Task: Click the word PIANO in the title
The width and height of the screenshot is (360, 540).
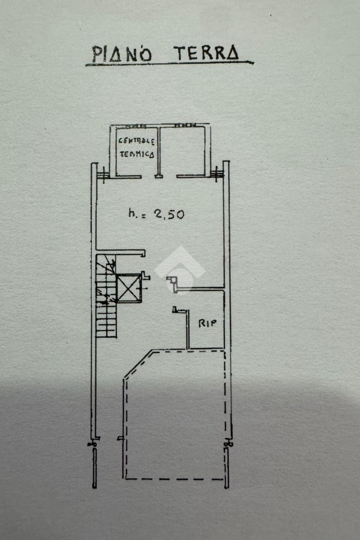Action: tap(122, 54)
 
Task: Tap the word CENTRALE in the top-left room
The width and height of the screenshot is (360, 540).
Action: tap(137, 141)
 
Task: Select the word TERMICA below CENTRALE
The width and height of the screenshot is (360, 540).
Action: tap(137, 155)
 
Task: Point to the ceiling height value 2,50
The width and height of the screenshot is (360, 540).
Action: tap(169, 214)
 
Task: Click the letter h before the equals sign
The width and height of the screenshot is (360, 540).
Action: tap(132, 213)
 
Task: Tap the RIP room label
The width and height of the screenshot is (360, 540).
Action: tap(208, 323)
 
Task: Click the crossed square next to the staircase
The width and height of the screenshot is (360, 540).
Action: tap(129, 288)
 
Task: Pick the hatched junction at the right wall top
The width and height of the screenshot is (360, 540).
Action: tap(217, 172)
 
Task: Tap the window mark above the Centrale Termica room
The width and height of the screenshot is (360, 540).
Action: tap(136, 127)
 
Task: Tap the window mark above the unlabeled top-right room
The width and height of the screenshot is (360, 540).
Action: tap(184, 126)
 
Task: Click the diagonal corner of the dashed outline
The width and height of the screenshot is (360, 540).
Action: tap(138, 364)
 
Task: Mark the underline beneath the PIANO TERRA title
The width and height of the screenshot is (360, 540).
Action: tap(169, 64)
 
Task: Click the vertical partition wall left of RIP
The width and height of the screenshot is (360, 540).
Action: tap(188, 330)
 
